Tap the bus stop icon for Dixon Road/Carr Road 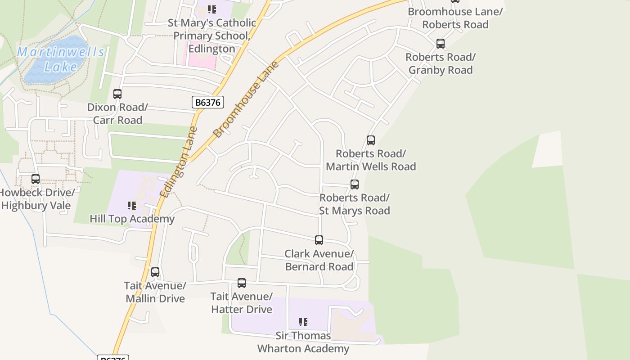click(117, 94)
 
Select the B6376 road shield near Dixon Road click(208, 103)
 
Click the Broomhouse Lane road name click(246, 100)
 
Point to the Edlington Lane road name click(179, 162)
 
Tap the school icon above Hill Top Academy click(132, 206)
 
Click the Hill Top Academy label click(132, 219)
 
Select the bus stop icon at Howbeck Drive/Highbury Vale click(36, 179)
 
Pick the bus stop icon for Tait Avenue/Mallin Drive click(155, 272)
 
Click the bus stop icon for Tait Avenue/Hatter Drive click(242, 283)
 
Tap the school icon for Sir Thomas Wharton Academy click(303, 322)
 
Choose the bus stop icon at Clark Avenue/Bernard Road click(319, 240)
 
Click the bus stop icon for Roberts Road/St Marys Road click(355, 184)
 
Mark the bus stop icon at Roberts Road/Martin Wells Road click(371, 140)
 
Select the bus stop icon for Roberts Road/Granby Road click(441, 44)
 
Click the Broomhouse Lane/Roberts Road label click(455, 18)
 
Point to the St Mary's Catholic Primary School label click(211, 36)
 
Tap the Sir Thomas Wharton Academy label click(303, 342)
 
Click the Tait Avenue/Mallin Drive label click(155, 292)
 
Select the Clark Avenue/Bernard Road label click(319, 260)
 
